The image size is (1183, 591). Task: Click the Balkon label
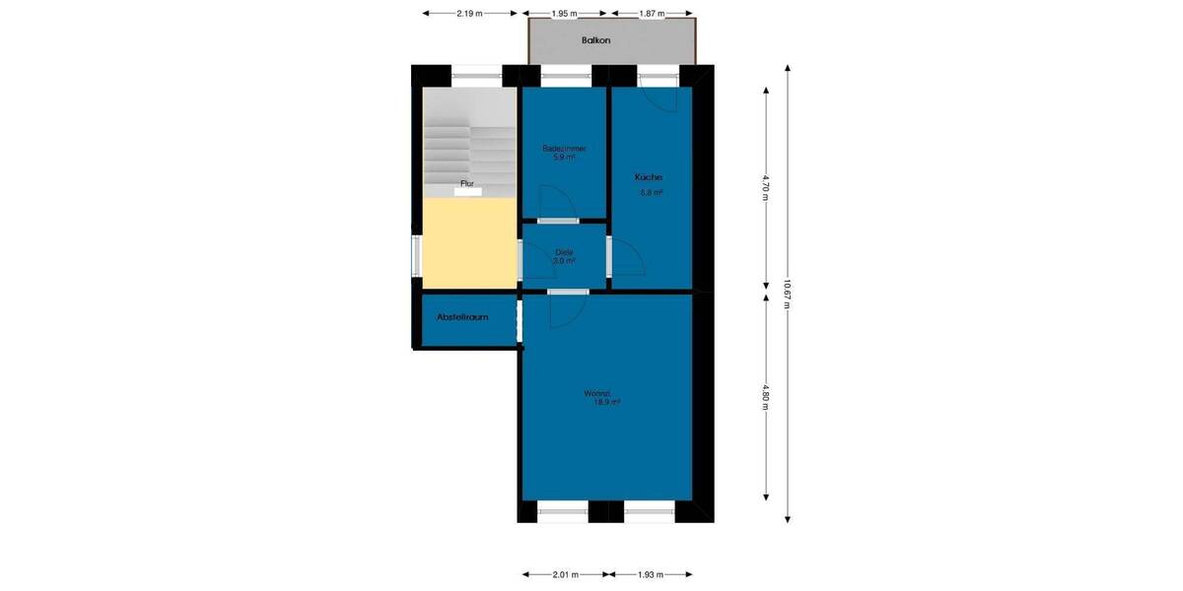[596, 40]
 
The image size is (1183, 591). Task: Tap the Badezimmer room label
[564, 149]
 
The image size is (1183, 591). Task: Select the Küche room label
[649, 177]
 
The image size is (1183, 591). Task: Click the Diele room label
[564, 252]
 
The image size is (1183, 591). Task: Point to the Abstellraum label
[462, 317]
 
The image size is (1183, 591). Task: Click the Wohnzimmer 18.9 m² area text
[606, 402]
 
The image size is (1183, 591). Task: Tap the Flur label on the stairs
[467, 184]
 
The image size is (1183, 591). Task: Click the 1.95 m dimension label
[565, 14]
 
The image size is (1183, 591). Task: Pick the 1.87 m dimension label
[651, 14]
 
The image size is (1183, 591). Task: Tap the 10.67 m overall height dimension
[787, 292]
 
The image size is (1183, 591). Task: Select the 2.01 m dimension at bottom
[565, 574]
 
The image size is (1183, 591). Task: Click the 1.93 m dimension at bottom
[651, 574]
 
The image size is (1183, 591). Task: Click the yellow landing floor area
[469, 242]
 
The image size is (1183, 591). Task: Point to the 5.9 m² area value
[564, 157]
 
